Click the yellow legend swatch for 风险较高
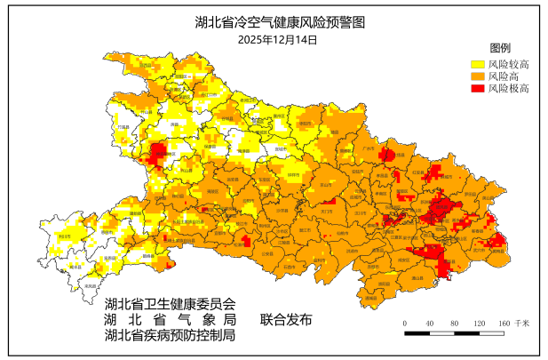pyautogui.click(x=477, y=64)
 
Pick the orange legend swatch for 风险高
pyautogui.click(x=477, y=76)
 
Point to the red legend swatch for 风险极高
pyautogui.click(x=477, y=89)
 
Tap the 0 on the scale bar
pyautogui.click(x=405, y=323)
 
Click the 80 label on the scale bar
pyautogui.click(x=454, y=323)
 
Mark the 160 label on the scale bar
pyautogui.click(x=504, y=323)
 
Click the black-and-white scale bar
pyautogui.click(x=454, y=333)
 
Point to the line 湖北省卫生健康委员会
pyautogui.click(x=171, y=303)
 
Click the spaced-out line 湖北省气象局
pyautogui.click(x=171, y=319)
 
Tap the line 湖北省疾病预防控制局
pyautogui.click(x=171, y=335)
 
